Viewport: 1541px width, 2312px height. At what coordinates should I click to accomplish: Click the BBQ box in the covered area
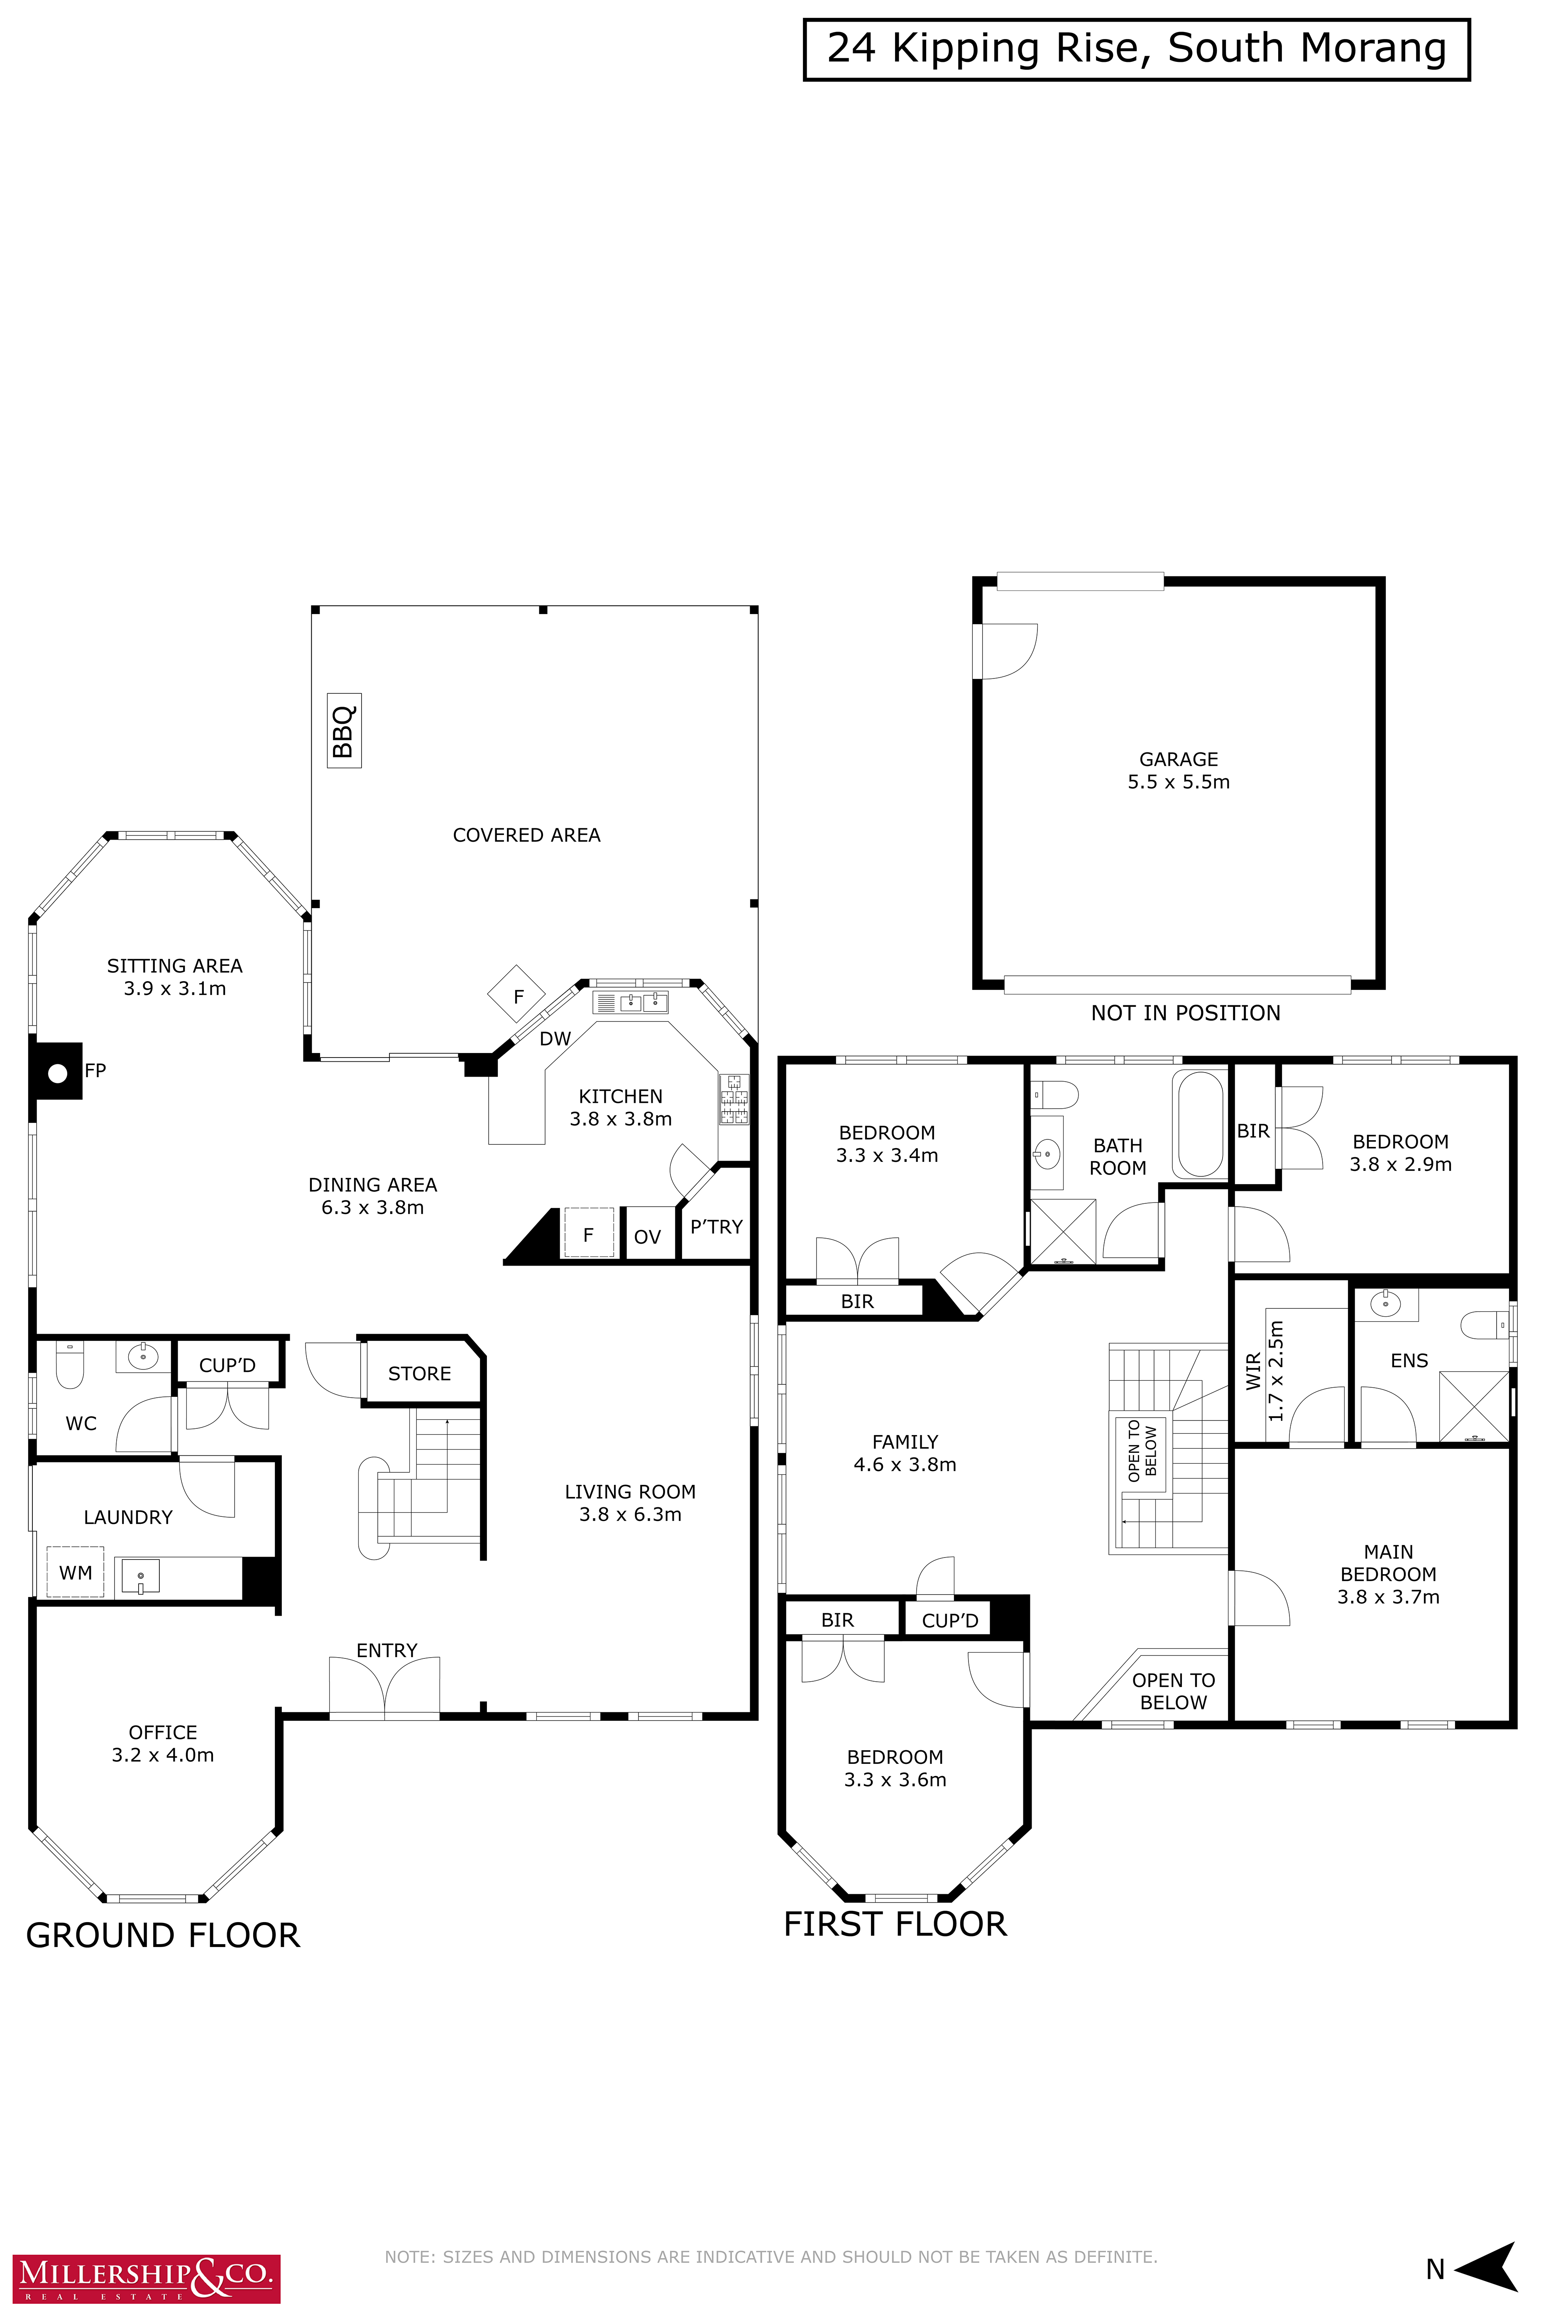coord(344,730)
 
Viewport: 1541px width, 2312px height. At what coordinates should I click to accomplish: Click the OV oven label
coord(648,1237)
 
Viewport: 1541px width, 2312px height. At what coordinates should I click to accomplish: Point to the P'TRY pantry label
coord(717,1227)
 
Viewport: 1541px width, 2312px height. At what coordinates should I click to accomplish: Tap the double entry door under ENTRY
coord(384,1687)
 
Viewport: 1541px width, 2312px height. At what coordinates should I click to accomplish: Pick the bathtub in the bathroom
coord(1199,1124)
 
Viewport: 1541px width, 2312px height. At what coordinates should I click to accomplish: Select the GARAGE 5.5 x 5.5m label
coord(1178,771)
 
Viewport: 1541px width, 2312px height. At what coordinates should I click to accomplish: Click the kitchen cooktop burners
coord(734,1099)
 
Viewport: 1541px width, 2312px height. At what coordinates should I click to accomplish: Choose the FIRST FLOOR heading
coord(895,1924)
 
